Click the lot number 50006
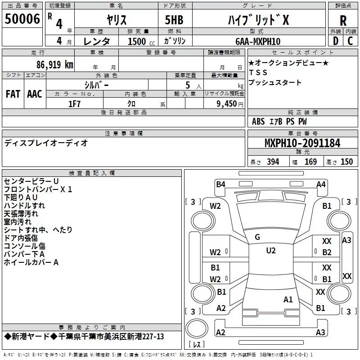[22, 19]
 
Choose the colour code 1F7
[74, 103]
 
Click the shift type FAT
[13, 94]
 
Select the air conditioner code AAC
[35, 94]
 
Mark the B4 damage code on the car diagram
[220, 184]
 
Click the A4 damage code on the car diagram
[321, 184]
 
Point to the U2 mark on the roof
[270, 251]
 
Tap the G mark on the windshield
[257, 237]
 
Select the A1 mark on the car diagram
[288, 299]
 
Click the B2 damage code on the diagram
[327, 252]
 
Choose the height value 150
[346, 162]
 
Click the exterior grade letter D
[335, 40]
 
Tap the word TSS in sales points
[258, 72]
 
